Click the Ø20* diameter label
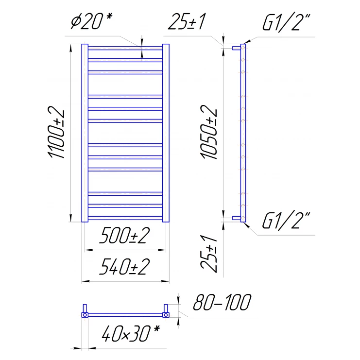click(x=91, y=21)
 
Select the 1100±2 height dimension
click(x=56, y=132)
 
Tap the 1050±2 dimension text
click(x=209, y=132)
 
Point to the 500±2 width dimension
click(x=124, y=235)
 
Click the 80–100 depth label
click(x=222, y=302)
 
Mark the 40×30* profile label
click(x=130, y=333)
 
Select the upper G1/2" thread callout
click(x=286, y=22)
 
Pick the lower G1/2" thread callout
click(x=286, y=221)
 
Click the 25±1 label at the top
click(x=187, y=21)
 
